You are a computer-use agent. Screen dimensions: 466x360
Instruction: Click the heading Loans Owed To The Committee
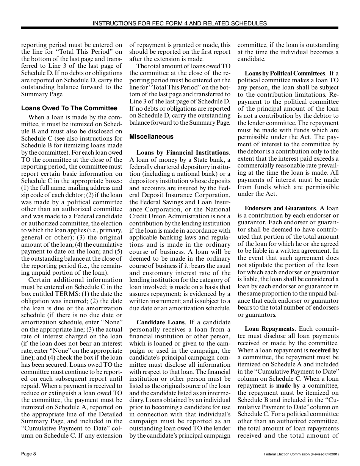pos(69,108)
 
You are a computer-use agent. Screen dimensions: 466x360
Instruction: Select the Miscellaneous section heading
pos(151,136)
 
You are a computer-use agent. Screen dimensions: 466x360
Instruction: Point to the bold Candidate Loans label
pos(160,322)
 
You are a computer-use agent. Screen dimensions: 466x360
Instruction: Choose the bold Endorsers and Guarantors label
pos(280,208)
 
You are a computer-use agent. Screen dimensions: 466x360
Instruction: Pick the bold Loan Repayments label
pos(269,329)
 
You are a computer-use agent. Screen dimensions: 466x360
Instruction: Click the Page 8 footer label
pos(29,454)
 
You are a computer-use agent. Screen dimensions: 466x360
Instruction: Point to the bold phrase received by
pos(324,350)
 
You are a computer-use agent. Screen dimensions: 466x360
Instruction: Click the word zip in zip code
pos(26,195)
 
